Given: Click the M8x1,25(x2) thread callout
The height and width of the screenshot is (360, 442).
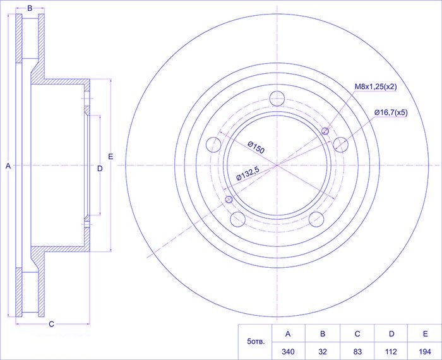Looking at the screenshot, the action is (376, 87).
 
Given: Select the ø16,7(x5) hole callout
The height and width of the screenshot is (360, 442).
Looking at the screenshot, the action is (391, 113).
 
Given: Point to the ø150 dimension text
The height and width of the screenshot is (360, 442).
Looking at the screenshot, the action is (256, 148).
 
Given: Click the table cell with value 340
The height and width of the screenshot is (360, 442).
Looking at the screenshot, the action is (288, 352).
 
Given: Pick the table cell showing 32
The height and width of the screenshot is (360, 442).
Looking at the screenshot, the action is (323, 352).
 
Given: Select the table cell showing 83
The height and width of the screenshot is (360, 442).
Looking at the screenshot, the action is (357, 352).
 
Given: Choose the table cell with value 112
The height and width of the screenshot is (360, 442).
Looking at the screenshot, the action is (391, 352).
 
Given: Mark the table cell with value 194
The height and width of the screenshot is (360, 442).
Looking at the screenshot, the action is (425, 352).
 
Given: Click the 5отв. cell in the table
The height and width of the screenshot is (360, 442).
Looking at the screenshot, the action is (255, 342).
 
